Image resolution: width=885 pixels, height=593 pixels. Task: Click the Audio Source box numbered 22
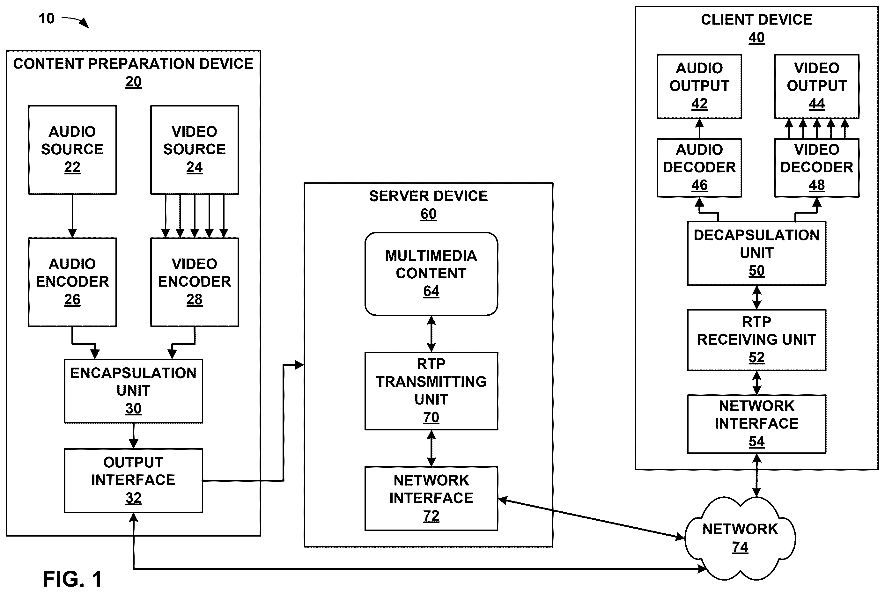click(x=72, y=150)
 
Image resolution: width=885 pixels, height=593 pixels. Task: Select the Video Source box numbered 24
click(x=195, y=150)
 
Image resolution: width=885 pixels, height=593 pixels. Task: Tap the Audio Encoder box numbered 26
click(x=72, y=282)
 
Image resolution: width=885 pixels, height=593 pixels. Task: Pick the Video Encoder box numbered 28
click(x=195, y=282)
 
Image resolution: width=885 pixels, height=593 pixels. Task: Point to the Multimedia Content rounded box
click(x=431, y=274)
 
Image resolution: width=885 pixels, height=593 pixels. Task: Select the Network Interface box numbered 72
click(x=431, y=498)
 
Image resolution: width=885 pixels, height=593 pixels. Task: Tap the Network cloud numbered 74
click(x=740, y=538)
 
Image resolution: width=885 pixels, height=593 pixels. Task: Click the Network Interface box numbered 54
click(x=756, y=424)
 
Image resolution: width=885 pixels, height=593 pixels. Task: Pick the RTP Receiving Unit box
click(x=756, y=340)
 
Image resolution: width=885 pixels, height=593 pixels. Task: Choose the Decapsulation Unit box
click(x=756, y=253)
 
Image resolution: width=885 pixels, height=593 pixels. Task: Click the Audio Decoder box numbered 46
click(x=699, y=167)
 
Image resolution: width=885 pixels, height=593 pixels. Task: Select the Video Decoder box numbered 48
click(x=817, y=167)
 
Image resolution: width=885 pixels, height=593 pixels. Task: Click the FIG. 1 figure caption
click(x=72, y=579)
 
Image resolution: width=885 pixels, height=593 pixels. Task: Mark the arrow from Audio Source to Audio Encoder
click(x=72, y=216)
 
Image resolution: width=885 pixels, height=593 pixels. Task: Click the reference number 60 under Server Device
click(x=429, y=214)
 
